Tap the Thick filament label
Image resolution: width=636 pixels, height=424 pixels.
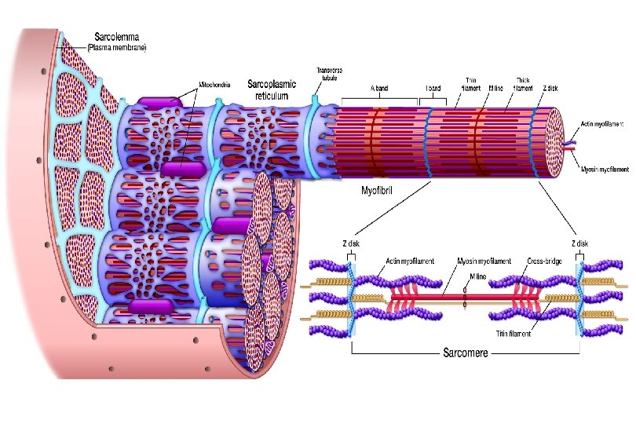523,83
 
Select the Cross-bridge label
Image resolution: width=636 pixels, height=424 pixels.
542,261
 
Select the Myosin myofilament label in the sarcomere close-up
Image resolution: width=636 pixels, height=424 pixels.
484,261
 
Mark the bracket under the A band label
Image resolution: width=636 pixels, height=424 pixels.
379,104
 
